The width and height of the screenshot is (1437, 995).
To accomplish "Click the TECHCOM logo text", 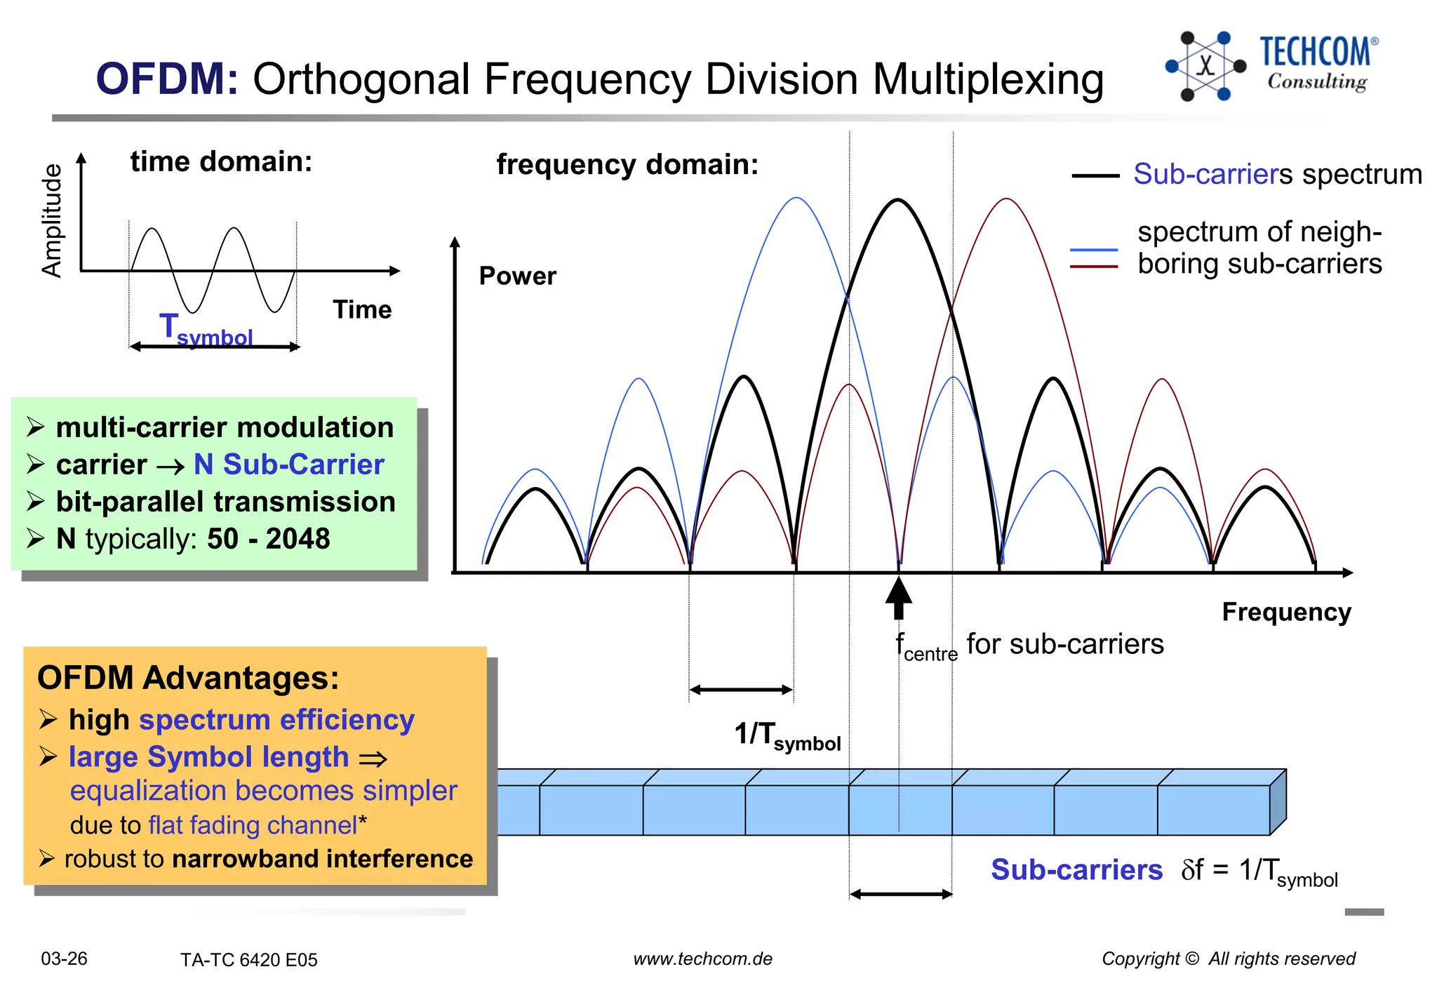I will click(1314, 52).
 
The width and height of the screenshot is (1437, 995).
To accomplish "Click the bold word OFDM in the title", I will click(167, 79).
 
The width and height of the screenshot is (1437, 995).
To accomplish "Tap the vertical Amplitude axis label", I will click(52, 221).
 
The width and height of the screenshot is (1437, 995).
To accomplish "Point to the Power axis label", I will click(517, 276).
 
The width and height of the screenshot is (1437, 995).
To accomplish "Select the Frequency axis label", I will click(1286, 612).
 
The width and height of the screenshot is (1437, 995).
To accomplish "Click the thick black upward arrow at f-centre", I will click(898, 598).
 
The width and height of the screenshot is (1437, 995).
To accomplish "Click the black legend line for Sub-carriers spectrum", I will click(1095, 176).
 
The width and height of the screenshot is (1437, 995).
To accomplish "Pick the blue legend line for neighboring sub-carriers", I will click(1094, 250).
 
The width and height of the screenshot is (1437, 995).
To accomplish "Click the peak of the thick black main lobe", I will click(897, 201).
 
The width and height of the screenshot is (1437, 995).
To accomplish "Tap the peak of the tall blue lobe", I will click(796, 199).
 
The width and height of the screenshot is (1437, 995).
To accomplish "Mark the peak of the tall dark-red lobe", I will click(1006, 200).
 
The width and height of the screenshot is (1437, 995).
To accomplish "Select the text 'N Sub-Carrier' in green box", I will click(289, 465).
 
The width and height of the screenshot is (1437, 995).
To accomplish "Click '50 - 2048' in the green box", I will click(268, 539).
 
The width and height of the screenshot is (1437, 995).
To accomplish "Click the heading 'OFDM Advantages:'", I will click(188, 678).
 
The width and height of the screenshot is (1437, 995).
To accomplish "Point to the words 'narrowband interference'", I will click(322, 859).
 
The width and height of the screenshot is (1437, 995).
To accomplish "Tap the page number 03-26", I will click(64, 959).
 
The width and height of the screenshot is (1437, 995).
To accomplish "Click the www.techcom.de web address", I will click(702, 959).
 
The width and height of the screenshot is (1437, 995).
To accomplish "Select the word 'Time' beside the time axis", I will click(362, 309).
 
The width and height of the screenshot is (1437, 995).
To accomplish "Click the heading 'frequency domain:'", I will click(627, 164).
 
